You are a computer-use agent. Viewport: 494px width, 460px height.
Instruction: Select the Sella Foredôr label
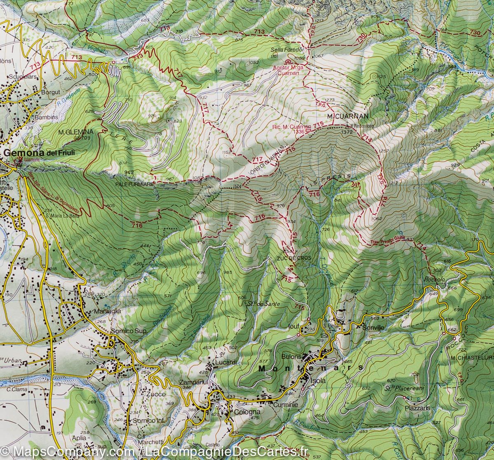point(287,50)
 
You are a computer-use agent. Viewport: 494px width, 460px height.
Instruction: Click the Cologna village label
point(247,411)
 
